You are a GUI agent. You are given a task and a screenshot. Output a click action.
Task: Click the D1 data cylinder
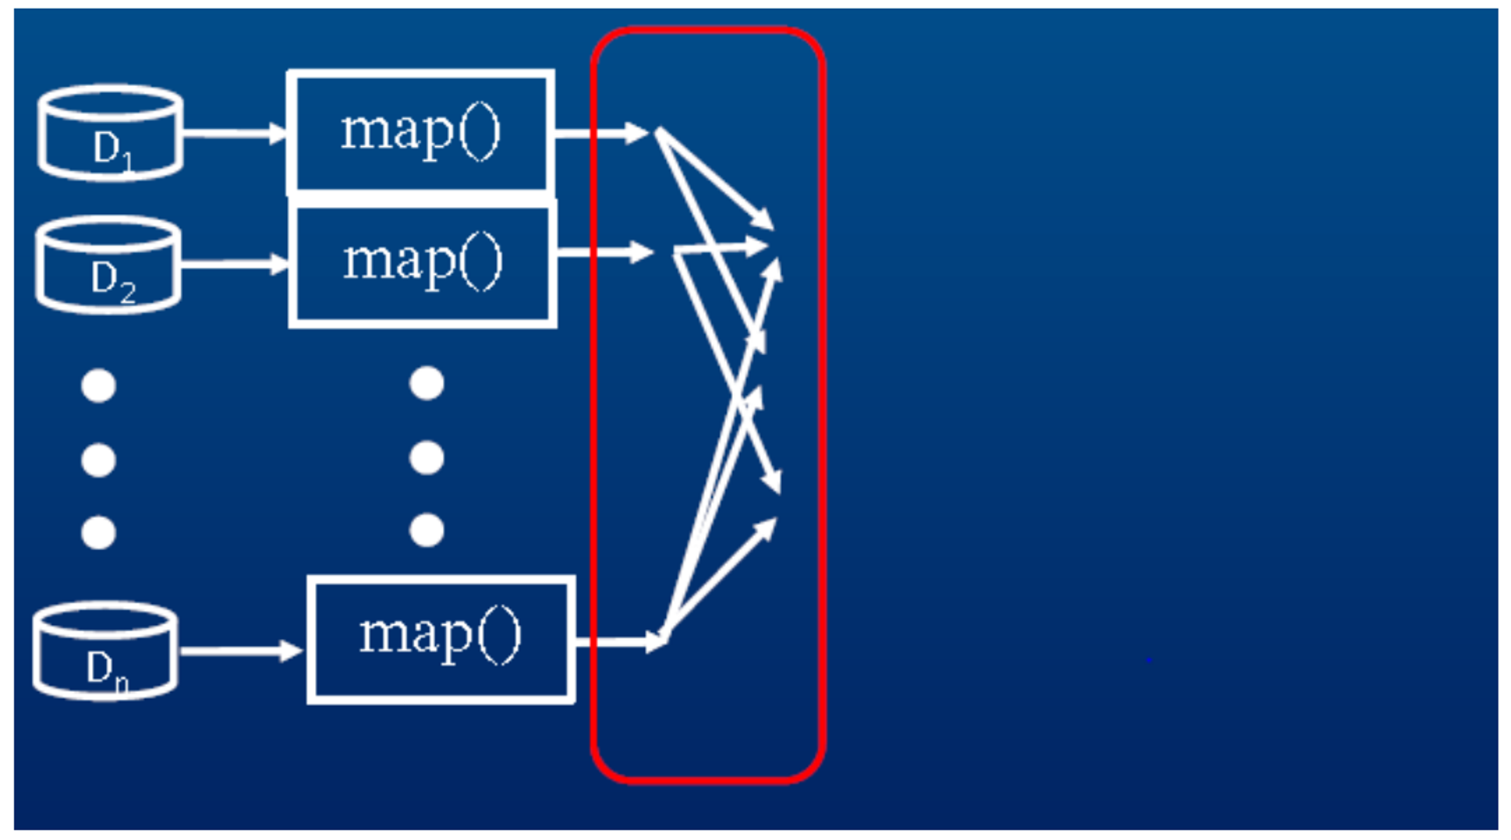pos(111,133)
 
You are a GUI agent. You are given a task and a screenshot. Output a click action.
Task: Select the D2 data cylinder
pos(109,265)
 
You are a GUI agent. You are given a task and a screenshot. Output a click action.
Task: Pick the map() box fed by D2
pos(423,265)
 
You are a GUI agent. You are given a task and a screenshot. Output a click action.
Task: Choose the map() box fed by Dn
pos(441,639)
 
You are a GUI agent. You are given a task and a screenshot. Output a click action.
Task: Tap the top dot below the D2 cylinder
pos(98,386)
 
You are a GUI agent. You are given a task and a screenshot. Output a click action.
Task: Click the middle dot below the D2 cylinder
pos(98,460)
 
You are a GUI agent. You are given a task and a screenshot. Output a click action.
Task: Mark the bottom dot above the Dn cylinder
pos(98,533)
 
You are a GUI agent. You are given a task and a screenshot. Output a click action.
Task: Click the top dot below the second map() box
pos(427,384)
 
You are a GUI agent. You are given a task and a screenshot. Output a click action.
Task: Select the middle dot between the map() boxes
pos(427,458)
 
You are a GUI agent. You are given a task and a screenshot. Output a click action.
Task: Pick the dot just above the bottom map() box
pos(427,530)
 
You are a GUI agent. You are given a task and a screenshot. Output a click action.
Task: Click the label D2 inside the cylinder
pos(112,280)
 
